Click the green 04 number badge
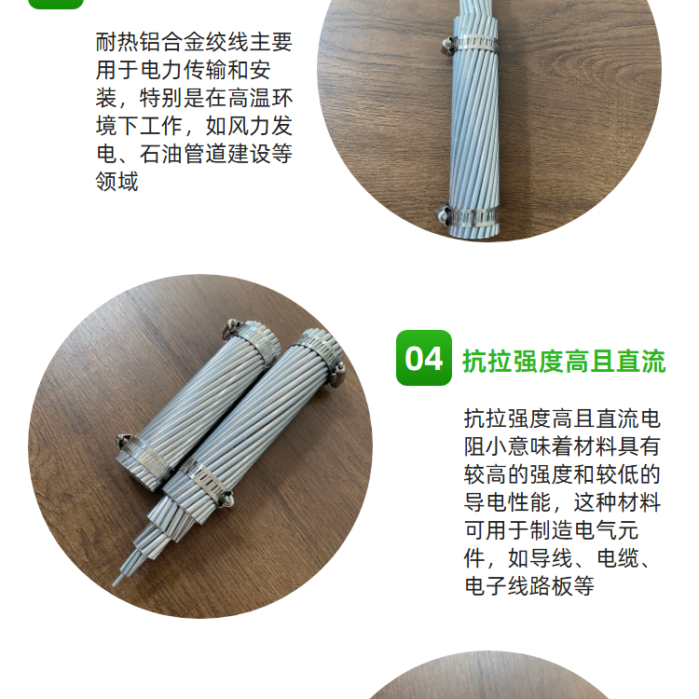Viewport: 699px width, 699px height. tap(423, 358)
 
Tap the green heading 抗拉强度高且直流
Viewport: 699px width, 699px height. tap(565, 361)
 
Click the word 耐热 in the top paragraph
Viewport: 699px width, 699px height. tap(117, 42)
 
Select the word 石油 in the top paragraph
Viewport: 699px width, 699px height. tap(161, 154)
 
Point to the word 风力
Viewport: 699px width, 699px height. tap(249, 126)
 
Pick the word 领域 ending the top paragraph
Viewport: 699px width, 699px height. tap(117, 182)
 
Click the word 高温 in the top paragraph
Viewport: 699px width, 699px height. tap(249, 98)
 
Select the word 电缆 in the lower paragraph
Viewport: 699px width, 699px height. tap(618, 558)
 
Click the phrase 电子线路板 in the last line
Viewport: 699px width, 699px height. tap(518, 586)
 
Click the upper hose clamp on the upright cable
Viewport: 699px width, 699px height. tap(472, 43)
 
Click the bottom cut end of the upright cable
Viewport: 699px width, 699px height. tap(473, 233)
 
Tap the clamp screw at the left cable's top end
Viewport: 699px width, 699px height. tap(231, 325)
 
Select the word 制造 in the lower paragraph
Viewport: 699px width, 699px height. tap(551, 530)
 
